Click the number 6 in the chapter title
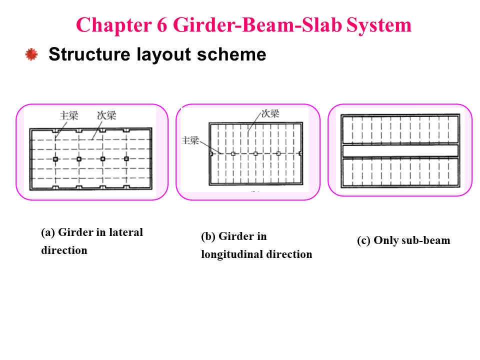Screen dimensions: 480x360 point(162,25)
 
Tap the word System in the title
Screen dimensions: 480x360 point(378,25)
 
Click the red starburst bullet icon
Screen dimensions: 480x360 point(31,54)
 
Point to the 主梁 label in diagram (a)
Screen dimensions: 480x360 point(69,115)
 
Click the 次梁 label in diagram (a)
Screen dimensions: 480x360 point(107,115)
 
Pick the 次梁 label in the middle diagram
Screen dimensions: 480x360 point(270,114)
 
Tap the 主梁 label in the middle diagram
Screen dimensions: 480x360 point(190,140)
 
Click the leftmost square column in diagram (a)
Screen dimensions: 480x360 point(55,159)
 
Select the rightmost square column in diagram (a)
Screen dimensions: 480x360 point(126,158)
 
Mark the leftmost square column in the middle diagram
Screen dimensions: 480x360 point(233,153)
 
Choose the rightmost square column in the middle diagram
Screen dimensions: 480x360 point(278,153)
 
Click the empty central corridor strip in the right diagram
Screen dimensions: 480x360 point(400,150)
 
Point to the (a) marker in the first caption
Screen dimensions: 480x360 point(48,232)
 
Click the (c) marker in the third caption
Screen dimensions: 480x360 point(363,240)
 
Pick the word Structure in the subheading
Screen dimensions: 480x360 point(89,54)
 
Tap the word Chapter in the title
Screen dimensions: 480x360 point(114,25)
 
